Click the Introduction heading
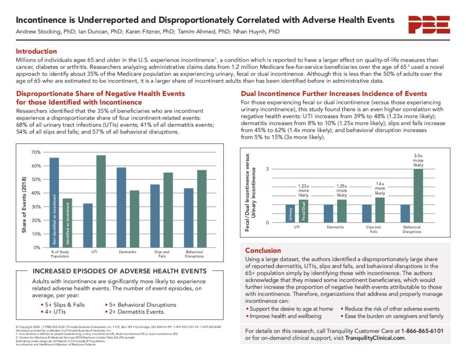click(36, 51)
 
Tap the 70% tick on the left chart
click(35, 152)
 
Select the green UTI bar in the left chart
click(101, 201)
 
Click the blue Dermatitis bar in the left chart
click(121, 208)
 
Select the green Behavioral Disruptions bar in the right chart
click(418, 196)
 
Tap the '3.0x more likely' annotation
click(418, 160)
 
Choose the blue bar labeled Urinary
click(290, 214)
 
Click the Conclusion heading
click(263, 250)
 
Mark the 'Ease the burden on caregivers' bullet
click(392, 316)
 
